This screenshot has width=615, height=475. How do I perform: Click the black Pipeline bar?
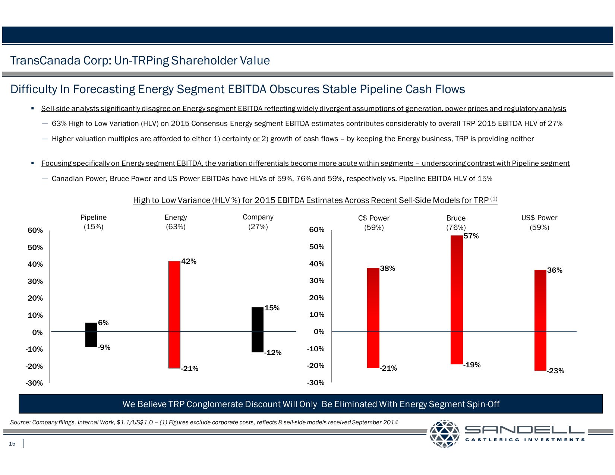tap(91, 335)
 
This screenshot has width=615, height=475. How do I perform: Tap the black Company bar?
tap(258, 329)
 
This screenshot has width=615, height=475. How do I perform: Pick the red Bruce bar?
tap(457, 300)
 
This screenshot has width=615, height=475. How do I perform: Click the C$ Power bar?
tap(373, 317)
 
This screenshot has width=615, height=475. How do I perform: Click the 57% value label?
tap(471, 236)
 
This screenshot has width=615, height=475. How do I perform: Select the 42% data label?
tap(189, 261)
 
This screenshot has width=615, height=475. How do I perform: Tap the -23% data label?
tap(555, 371)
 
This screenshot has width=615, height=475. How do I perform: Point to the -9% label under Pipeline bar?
tap(104, 347)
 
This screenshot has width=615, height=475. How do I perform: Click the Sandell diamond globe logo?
tap(444, 434)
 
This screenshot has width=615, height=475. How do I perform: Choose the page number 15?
tap(12, 443)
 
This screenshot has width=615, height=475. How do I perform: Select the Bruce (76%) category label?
tap(456, 222)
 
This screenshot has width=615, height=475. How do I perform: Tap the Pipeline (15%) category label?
tap(93, 222)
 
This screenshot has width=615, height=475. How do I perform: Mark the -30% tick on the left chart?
tap(34, 383)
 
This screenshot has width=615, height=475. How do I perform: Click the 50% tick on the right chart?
tap(316, 247)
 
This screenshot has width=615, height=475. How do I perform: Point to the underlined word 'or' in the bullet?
tap(256, 139)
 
